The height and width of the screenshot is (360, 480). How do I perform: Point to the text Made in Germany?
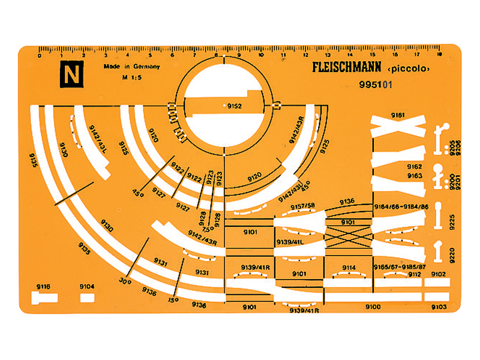point(131,68)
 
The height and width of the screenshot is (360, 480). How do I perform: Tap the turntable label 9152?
point(233,106)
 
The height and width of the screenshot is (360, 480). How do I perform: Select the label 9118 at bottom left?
point(43,287)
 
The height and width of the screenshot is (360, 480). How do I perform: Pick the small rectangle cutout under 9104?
point(88,297)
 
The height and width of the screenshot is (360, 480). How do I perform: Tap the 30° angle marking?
point(125,280)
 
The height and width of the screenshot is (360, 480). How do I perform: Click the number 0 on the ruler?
point(40,56)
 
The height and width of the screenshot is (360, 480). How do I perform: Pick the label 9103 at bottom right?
point(439,307)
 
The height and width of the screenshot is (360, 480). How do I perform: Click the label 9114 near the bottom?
point(349,268)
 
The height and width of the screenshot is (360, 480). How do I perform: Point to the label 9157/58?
point(303,207)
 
